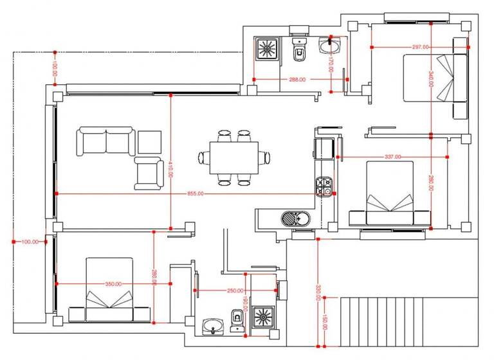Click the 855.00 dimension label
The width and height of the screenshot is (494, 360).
coord(196,193)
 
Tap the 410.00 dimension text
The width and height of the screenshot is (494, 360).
coord(170,170)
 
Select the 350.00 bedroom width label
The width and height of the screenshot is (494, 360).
coord(114,283)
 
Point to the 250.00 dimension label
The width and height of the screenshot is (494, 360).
coord(235,291)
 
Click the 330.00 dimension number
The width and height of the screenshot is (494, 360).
coord(318,292)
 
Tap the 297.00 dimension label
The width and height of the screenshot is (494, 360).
coord(421,47)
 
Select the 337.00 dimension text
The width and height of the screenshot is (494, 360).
coord(392,157)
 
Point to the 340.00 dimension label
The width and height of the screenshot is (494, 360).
coord(431,80)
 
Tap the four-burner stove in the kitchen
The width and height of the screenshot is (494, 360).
coord(324,187)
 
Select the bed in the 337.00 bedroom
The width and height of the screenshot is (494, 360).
coord(390,194)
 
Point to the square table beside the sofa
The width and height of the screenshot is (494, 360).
coord(149,142)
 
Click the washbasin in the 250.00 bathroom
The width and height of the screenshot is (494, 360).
coord(211,327)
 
